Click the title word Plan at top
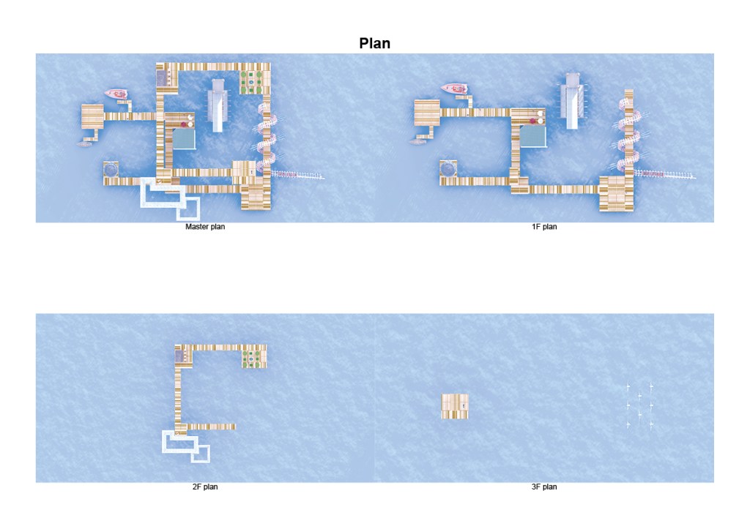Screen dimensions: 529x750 [374, 43]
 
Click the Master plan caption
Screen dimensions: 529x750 [205, 227]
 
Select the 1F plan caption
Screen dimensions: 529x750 [544, 227]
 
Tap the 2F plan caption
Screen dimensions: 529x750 [205, 487]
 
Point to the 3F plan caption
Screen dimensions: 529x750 [544, 487]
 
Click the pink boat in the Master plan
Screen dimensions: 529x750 [116, 94]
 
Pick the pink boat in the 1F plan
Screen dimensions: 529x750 [454, 89]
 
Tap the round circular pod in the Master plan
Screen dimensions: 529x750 [111, 169]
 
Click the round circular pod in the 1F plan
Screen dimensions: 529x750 [448, 169]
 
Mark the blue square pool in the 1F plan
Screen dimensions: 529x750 [532, 135]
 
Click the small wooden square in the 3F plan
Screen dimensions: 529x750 [455, 406]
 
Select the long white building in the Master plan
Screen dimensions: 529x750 [218, 105]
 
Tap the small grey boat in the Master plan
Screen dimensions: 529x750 [83, 144]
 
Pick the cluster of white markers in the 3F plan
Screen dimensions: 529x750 [639, 405]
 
